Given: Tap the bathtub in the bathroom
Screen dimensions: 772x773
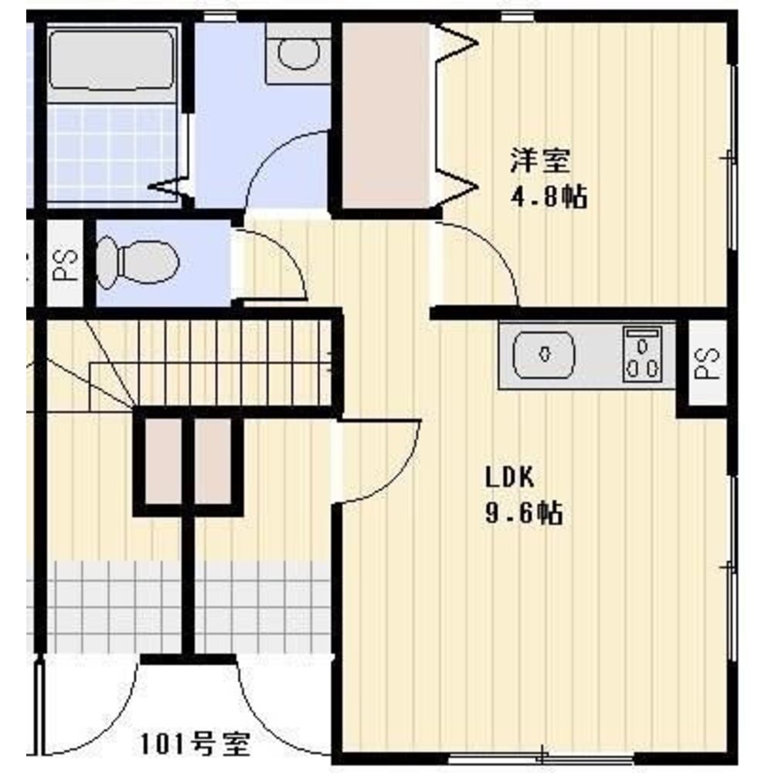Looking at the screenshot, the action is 112,60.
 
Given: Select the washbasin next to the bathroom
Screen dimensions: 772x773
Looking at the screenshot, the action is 298,53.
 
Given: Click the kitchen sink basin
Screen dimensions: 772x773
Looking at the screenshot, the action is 544,354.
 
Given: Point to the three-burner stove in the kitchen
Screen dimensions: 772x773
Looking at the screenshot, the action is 642,354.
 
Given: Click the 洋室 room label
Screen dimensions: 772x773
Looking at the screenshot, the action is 540,160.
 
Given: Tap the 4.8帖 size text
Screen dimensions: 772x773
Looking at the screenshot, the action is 548,196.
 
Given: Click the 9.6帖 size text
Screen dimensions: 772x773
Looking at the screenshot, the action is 523,513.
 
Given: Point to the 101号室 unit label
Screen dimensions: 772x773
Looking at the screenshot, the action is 196,744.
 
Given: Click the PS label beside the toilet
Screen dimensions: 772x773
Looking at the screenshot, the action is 66,264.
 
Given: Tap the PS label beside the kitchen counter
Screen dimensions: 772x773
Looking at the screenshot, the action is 707,363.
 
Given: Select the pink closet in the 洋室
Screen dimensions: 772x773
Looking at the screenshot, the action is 386,116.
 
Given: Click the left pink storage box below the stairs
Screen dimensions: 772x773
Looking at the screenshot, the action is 163,461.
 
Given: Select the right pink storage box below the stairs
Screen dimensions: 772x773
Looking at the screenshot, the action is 213,461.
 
